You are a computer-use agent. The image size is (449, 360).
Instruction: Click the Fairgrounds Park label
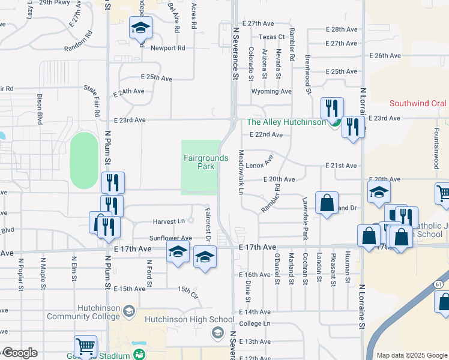[x=206, y=162]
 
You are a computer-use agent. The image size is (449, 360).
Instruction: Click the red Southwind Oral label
[x=418, y=103]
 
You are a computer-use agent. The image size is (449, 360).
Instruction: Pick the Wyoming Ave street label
[x=271, y=91]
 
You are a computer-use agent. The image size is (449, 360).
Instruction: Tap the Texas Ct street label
[x=271, y=37]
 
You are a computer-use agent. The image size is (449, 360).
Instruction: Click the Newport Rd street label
[x=167, y=48]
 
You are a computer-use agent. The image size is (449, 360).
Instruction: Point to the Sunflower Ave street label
[x=170, y=238]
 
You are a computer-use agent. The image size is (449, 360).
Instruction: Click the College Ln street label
[x=255, y=323]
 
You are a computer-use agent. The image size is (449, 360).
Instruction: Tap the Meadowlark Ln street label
[x=241, y=172]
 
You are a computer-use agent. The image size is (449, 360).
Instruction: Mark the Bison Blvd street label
[x=40, y=109]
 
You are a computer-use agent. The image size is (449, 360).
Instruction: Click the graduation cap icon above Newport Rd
[x=140, y=28]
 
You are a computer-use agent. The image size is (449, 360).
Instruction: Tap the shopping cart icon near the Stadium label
[x=85, y=347]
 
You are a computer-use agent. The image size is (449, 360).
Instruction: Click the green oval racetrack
[x=83, y=161]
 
